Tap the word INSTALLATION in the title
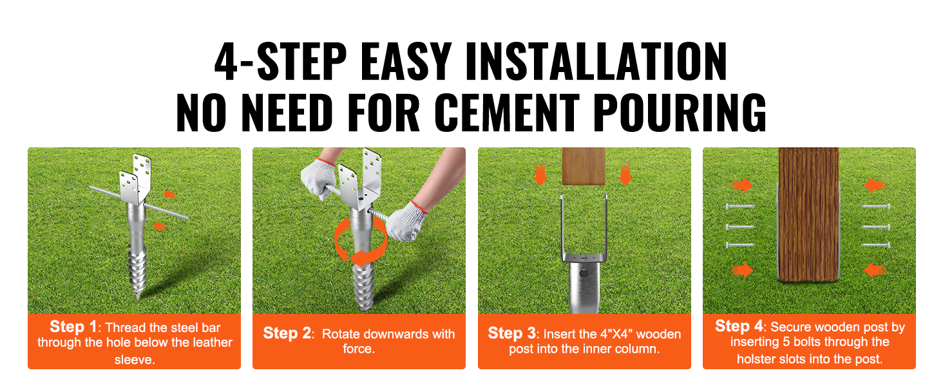596,61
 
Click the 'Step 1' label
73,326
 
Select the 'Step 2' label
287,333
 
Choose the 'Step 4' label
739,326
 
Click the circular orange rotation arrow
361,242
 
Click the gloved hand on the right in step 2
406,221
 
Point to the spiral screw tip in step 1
137,273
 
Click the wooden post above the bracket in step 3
584,166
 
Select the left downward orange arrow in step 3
540,175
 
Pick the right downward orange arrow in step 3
625,175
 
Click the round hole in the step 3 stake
584,273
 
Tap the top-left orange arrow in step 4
742,185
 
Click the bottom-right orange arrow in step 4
875,270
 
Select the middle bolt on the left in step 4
739,227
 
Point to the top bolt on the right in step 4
875,207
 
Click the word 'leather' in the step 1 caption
212,343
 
